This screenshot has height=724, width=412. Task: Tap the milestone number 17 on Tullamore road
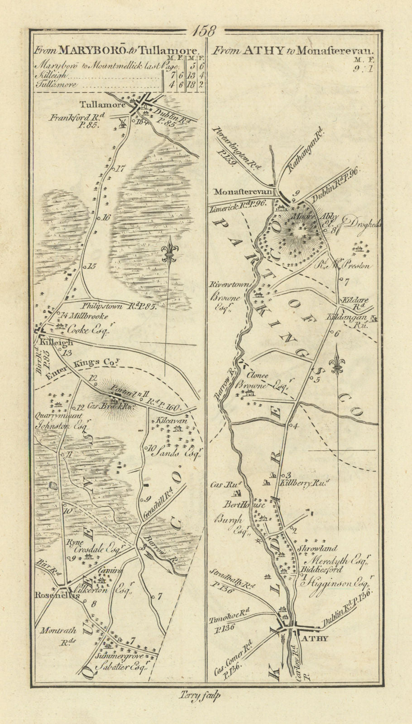tap(120, 170)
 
